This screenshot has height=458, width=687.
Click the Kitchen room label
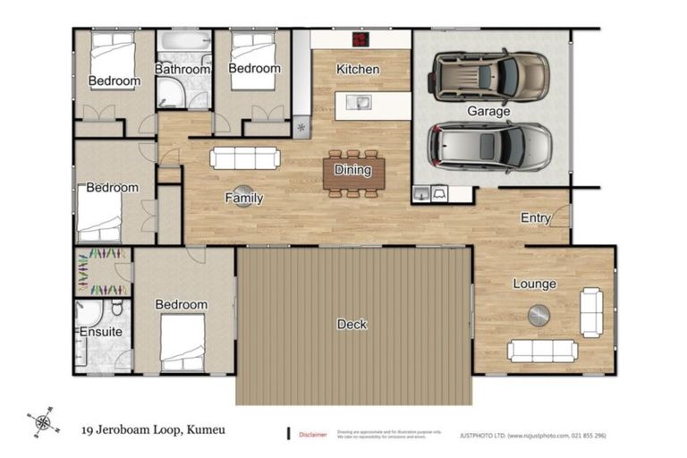(x=358, y=69)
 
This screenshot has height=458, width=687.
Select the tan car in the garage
(x=488, y=75)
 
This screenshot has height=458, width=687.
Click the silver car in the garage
(x=488, y=146)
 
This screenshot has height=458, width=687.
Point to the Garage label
(x=488, y=111)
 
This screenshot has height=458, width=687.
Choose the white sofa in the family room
(x=244, y=158)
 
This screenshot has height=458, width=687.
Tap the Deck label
(x=352, y=324)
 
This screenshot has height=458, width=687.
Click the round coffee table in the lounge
(x=539, y=315)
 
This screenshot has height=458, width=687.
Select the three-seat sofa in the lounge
(x=542, y=350)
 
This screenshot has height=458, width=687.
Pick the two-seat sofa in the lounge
(x=591, y=311)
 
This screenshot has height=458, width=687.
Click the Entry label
(x=536, y=217)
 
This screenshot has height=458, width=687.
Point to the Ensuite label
(x=101, y=332)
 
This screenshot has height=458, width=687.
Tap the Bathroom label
(x=182, y=69)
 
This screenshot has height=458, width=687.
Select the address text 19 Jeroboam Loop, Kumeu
(x=153, y=429)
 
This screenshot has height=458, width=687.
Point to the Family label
(x=243, y=198)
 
